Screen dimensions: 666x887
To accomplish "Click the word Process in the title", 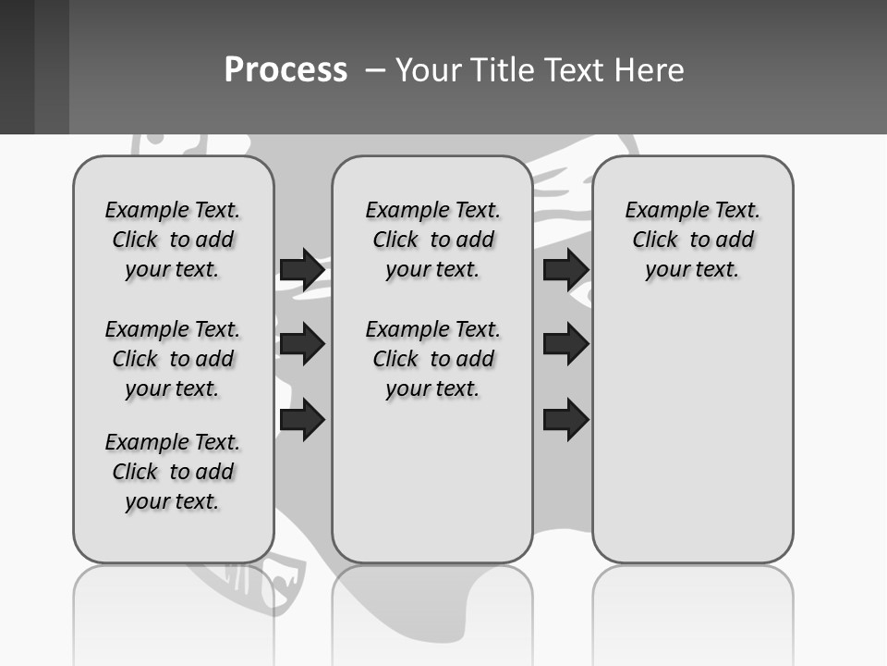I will pyautogui.click(x=286, y=70).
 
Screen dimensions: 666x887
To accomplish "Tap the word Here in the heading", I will pyautogui.click(x=650, y=70).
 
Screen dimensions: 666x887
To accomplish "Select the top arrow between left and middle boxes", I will pyautogui.click(x=301, y=269).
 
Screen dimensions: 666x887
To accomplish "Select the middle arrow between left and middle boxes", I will pyautogui.click(x=301, y=344).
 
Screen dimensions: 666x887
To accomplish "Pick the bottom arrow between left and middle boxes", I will pyautogui.click(x=301, y=420).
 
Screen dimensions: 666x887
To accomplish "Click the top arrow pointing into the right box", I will pyautogui.click(x=565, y=269).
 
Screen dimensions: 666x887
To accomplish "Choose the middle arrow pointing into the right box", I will pyautogui.click(x=565, y=344).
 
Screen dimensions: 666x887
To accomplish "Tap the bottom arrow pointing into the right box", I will pyautogui.click(x=565, y=420).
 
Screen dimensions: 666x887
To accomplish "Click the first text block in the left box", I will pyautogui.click(x=173, y=240).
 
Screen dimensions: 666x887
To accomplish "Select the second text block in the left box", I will pyautogui.click(x=173, y=359).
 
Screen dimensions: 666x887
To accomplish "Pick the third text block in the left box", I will pyautogui.click(x=173, y=472).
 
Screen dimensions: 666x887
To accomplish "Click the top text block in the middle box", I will pyautogui.click(x=432, y=240).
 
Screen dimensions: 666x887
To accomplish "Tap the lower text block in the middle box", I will pyautogui.click(x=432, y=359).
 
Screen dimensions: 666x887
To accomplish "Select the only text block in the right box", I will pyautogui.click(x=692, y=240).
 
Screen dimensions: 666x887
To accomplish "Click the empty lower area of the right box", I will pyautogui.click(x=692, y=435).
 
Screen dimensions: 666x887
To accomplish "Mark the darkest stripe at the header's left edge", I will pyautogui.click(x=17, y=67).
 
